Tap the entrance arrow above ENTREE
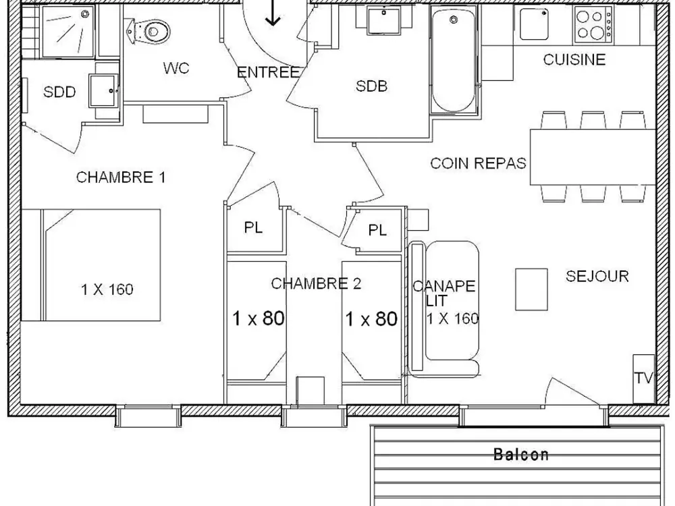[x=273, y=13]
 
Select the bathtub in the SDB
[x=454, y=62]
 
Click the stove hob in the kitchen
[x=593, y=24]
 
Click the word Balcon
[x=521, y=455]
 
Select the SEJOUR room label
[x=597, y=276]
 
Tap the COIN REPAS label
[x=478, y=163]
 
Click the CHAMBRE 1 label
[x=121, y=177]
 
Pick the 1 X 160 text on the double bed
[x=107, y=290]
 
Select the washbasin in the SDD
[x=105, y=86]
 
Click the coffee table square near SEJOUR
[x=531, y=289]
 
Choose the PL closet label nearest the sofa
[x=377, y=231]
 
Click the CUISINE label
[x=574, y=60]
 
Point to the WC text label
[x=176, y=68]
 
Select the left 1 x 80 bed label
[x=259, y=318]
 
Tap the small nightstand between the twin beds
[x=310, y=390]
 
